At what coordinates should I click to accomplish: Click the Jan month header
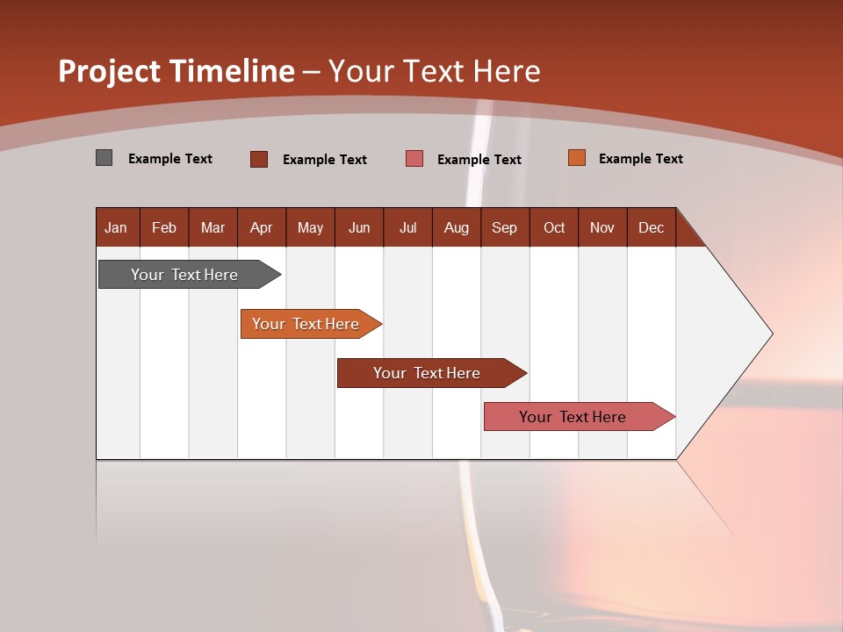pos(116,227)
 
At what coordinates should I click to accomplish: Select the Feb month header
pos(164,227)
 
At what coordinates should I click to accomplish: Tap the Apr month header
pos(261,227)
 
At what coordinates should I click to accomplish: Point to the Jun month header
pos(359,227)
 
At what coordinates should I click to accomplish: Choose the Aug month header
pos(456,227)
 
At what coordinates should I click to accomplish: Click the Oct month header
pos(554,227)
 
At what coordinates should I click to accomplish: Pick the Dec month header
pos(651,227)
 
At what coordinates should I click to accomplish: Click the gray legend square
pos(104,158)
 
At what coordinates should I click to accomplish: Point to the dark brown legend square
pos(258,159)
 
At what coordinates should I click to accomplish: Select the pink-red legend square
pos(414,159)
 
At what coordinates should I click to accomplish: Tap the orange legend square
pos(576,158)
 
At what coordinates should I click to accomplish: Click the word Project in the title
pos(109,71)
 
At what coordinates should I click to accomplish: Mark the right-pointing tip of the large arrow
pos(770,334)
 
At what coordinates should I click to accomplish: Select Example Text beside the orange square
pos(640,159)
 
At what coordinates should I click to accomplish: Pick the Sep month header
pos(504,227)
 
